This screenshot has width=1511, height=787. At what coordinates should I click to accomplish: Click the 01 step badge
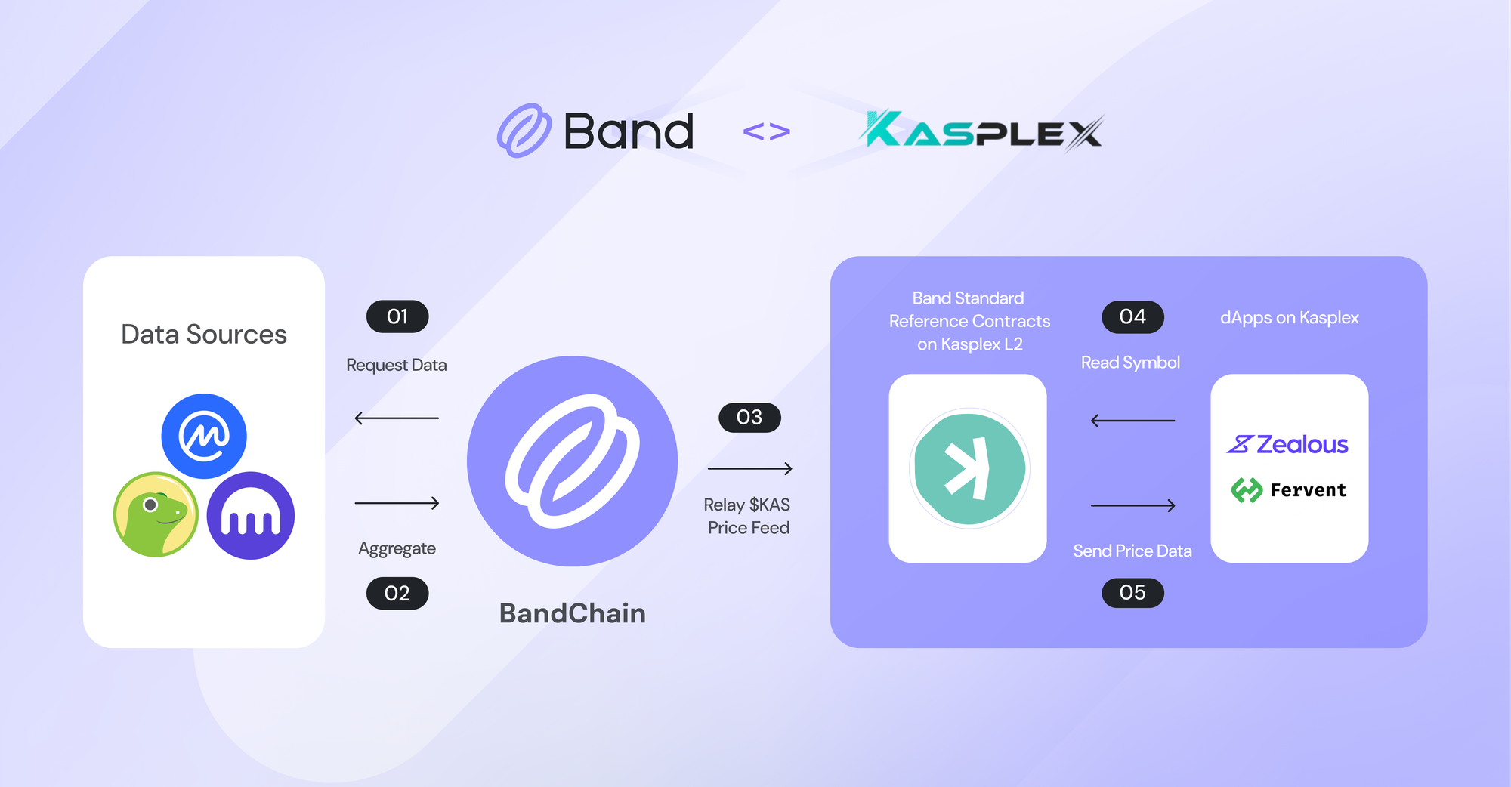point(397,316)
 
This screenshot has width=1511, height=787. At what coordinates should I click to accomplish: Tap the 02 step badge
point(397,594)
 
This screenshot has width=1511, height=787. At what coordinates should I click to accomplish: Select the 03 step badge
point(749,417)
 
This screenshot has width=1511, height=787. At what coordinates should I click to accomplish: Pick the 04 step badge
point(1132,316)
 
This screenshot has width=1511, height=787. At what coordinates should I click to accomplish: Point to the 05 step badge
point(1132,592)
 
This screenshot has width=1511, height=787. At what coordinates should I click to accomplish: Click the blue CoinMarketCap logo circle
point(204,436)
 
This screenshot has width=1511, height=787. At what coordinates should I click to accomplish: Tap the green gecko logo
point(156,514)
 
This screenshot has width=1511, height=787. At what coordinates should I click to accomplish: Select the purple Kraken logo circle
point(251,516)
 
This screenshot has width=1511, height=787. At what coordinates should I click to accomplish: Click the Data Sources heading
point(204,335)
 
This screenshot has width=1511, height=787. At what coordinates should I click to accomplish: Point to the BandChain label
point(573,613)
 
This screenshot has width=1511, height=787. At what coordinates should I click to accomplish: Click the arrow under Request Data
point(397,418)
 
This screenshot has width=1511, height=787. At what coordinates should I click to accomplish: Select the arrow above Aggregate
point(397,503)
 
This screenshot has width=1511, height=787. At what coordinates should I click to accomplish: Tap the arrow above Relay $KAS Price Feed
point(749,469)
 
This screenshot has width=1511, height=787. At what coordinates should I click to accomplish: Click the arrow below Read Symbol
point(1132,421)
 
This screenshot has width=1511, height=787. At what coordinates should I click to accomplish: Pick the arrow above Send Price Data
point(1132,505)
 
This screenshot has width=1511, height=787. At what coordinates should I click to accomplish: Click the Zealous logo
point(1287,444)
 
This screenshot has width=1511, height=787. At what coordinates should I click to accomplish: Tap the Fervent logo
point(1289,490)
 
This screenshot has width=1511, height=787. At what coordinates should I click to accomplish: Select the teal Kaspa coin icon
point(969,468)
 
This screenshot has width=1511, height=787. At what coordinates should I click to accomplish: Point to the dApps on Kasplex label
point(1290,318)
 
